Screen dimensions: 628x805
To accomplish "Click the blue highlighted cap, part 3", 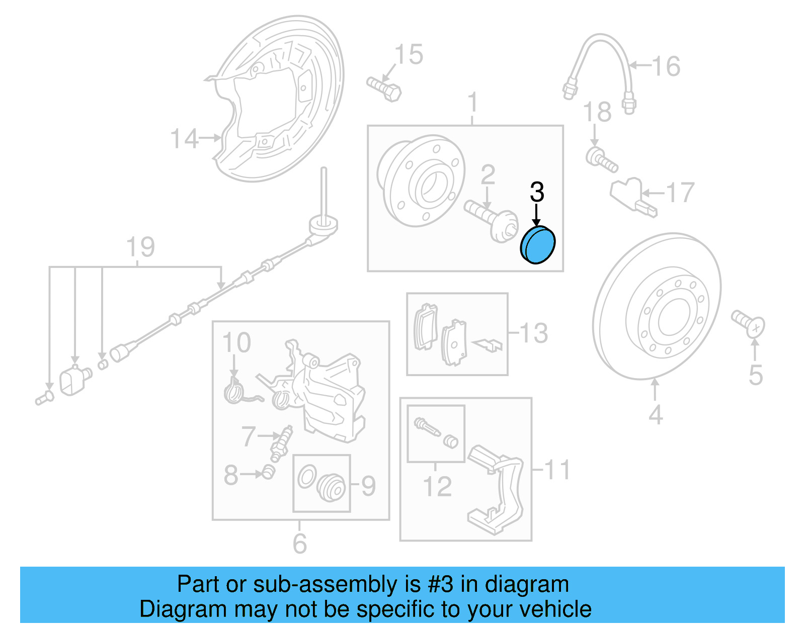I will click(537, 245).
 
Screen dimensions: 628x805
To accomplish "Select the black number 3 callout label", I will click(537, 192).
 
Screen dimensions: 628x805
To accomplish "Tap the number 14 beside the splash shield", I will click(184, 139).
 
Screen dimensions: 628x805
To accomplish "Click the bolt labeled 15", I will click(383, 89).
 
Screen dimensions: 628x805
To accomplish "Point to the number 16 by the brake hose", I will click(666, 66).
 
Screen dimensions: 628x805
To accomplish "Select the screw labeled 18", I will click(602, 160).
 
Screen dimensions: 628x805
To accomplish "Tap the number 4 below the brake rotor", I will click(655, 415).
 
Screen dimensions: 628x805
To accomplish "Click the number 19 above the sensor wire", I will click(140, 247).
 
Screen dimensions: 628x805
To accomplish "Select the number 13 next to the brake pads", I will click(533, 333).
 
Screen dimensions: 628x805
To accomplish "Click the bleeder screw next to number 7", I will click(282, 443).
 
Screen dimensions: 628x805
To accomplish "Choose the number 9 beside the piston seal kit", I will click(368, 486).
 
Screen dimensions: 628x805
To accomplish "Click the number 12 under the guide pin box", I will click(437, 486).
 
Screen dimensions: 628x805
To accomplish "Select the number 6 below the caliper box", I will click(300, 544).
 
